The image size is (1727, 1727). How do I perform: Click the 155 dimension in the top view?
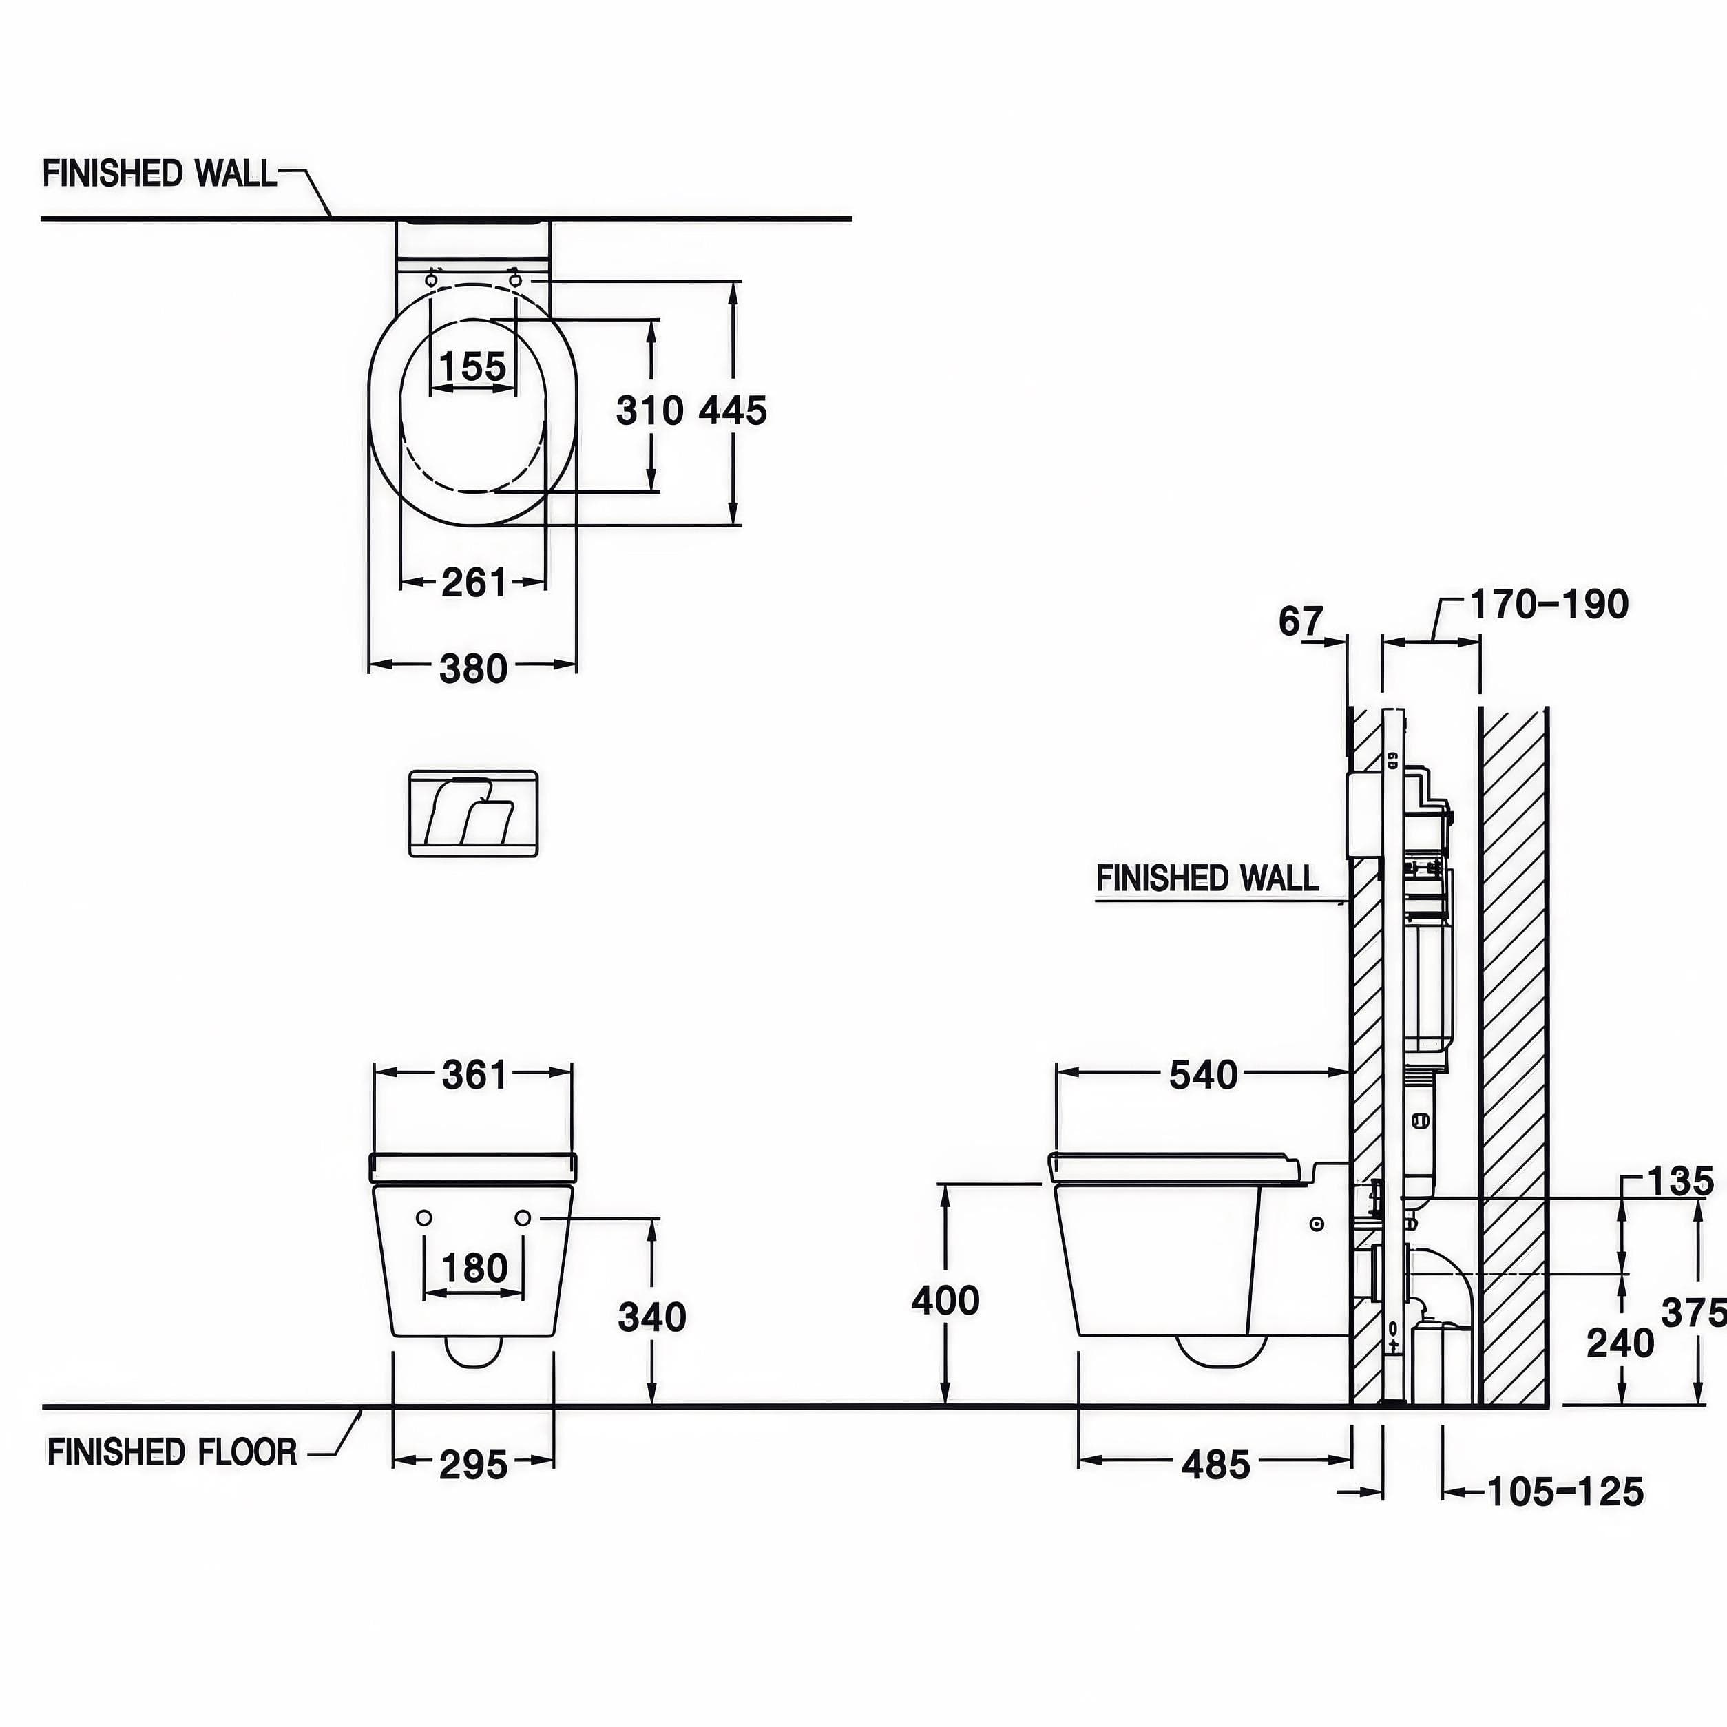473,366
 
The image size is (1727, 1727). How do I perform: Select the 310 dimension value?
650,411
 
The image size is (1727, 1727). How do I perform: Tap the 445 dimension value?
733,411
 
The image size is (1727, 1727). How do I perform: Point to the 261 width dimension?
474,583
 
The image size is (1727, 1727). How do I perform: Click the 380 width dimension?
474,669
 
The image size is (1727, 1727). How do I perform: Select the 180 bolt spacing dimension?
474,1268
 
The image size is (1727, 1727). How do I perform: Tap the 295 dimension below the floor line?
474,1465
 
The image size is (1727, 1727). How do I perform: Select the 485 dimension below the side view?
1215,1465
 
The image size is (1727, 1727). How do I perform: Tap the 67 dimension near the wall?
1301,620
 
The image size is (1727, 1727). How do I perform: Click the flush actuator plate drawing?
474,813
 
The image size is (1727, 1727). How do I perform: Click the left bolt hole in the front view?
425,1217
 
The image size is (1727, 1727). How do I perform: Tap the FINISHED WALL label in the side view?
1208,878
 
